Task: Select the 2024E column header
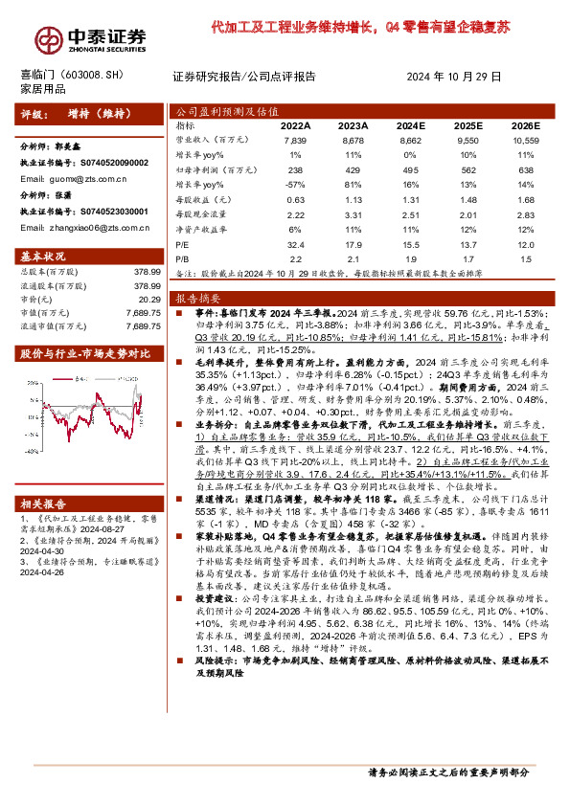[x=411, y=125]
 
